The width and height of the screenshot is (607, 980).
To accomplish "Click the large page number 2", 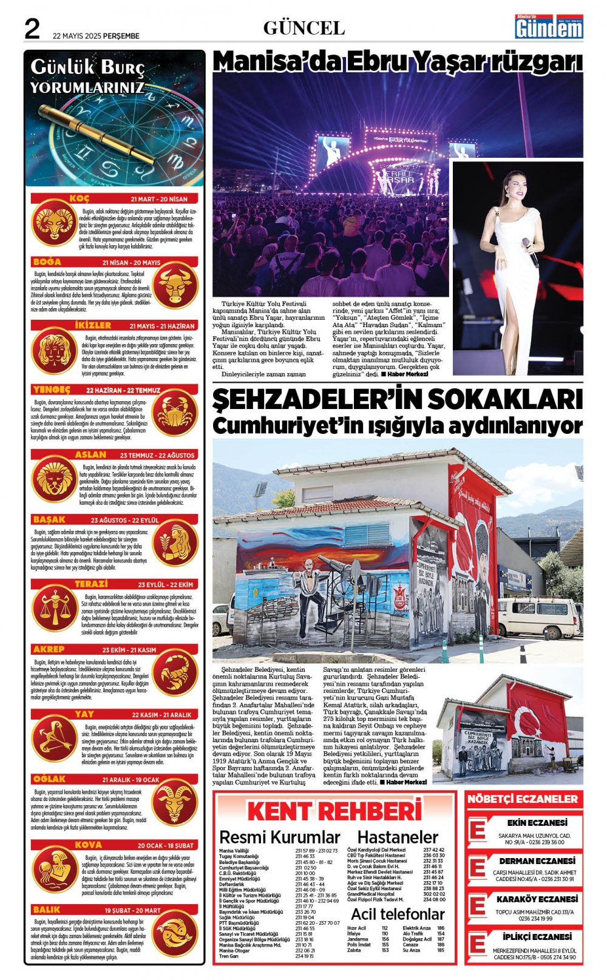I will click(32, 29).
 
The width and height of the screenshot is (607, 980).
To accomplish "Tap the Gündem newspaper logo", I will click(549, 27).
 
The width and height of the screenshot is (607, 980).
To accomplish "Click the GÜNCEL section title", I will click(304, 28).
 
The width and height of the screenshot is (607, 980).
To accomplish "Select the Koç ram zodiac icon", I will click(54, 222).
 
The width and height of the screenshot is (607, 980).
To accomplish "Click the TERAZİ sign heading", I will click(91, 584).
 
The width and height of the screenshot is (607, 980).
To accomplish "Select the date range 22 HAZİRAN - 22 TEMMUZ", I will click(123, 390).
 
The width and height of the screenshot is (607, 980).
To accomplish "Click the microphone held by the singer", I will click(530, 252).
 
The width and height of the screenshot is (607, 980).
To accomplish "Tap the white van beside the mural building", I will click(538, 617).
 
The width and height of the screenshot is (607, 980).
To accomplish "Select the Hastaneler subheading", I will click(398, 837).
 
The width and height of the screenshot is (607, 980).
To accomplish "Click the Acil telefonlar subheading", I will click(398, 914).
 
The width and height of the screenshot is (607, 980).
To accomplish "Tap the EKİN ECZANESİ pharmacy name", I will click(537, 823).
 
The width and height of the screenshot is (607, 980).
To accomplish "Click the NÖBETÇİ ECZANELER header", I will click(523, 799).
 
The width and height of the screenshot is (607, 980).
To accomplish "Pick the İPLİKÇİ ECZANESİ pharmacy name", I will click(537, 937).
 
